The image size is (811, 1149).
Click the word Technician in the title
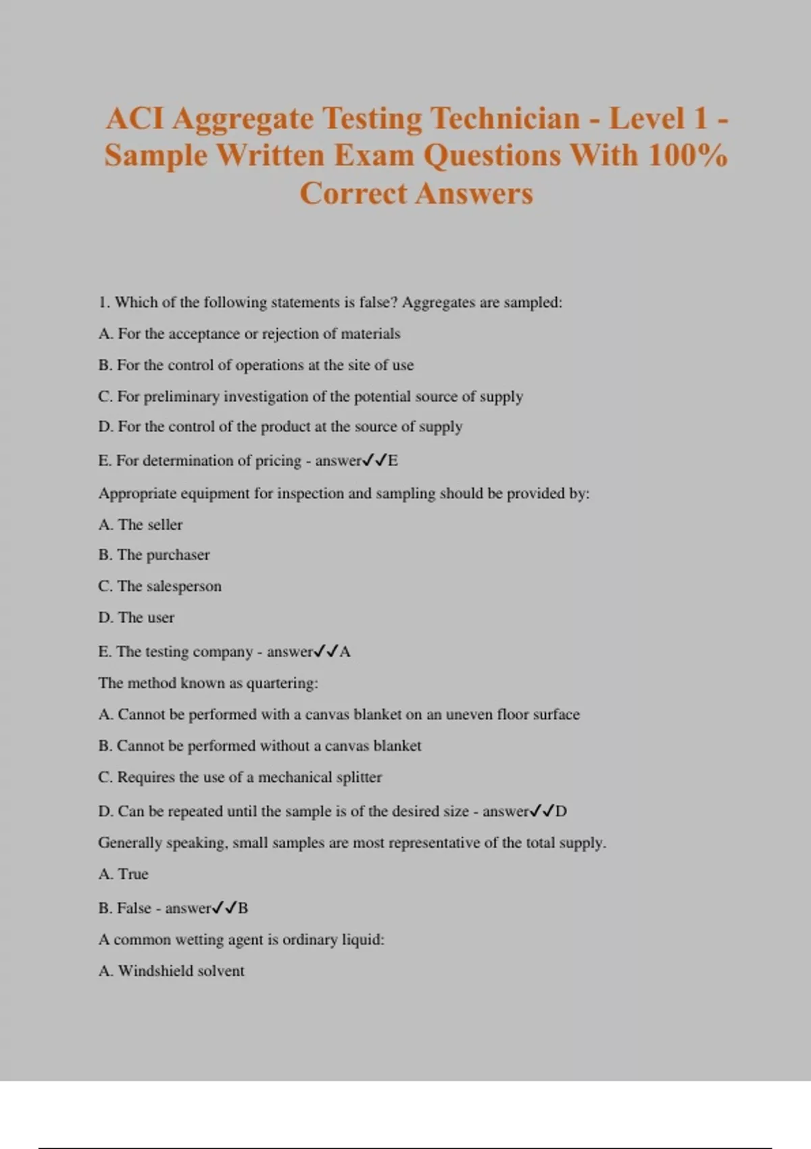(505, 119)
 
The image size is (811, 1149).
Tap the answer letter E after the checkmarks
(393, 461)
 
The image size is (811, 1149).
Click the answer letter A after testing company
(345, 652)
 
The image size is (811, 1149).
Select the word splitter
(359, 777)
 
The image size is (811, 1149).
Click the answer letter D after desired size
(562, 811)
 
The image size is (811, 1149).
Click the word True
(132, 874)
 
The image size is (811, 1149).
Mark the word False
(134, 908)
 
